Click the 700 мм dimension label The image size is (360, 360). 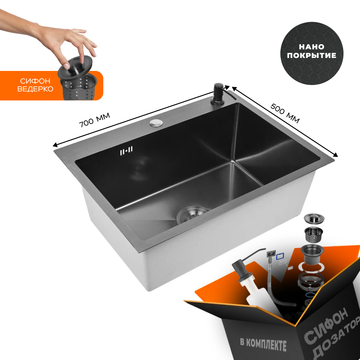95,120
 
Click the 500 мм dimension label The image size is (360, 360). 285,113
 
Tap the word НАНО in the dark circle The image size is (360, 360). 311,47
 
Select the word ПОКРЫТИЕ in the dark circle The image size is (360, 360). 311,55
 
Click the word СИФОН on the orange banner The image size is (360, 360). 35,81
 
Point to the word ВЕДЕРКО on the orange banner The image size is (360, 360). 35,89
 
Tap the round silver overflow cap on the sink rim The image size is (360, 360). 156,123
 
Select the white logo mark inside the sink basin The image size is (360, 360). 126,150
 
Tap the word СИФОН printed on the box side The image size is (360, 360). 327,325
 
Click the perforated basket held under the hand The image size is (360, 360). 78,87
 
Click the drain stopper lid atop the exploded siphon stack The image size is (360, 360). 314,218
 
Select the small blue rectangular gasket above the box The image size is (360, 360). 280,256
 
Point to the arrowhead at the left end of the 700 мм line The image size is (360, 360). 55,145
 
